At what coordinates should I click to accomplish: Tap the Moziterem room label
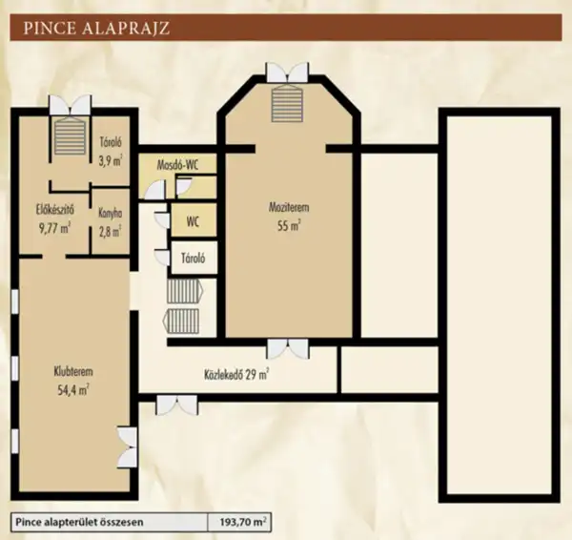click(288, 207)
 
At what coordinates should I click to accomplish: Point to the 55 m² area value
click(289, 225)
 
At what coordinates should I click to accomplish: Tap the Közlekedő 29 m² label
click(235, 374)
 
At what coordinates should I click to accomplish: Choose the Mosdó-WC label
click(178, 164)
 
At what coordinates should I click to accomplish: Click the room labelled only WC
click(193, 222)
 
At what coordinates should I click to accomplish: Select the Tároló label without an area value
click(193, 258)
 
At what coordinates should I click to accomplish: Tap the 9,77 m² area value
click(54, 228)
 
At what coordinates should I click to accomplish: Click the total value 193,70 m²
click(243, 523)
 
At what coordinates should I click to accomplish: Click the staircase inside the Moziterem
click(287, 98)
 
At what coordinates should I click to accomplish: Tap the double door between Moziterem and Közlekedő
click(287, 347)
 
